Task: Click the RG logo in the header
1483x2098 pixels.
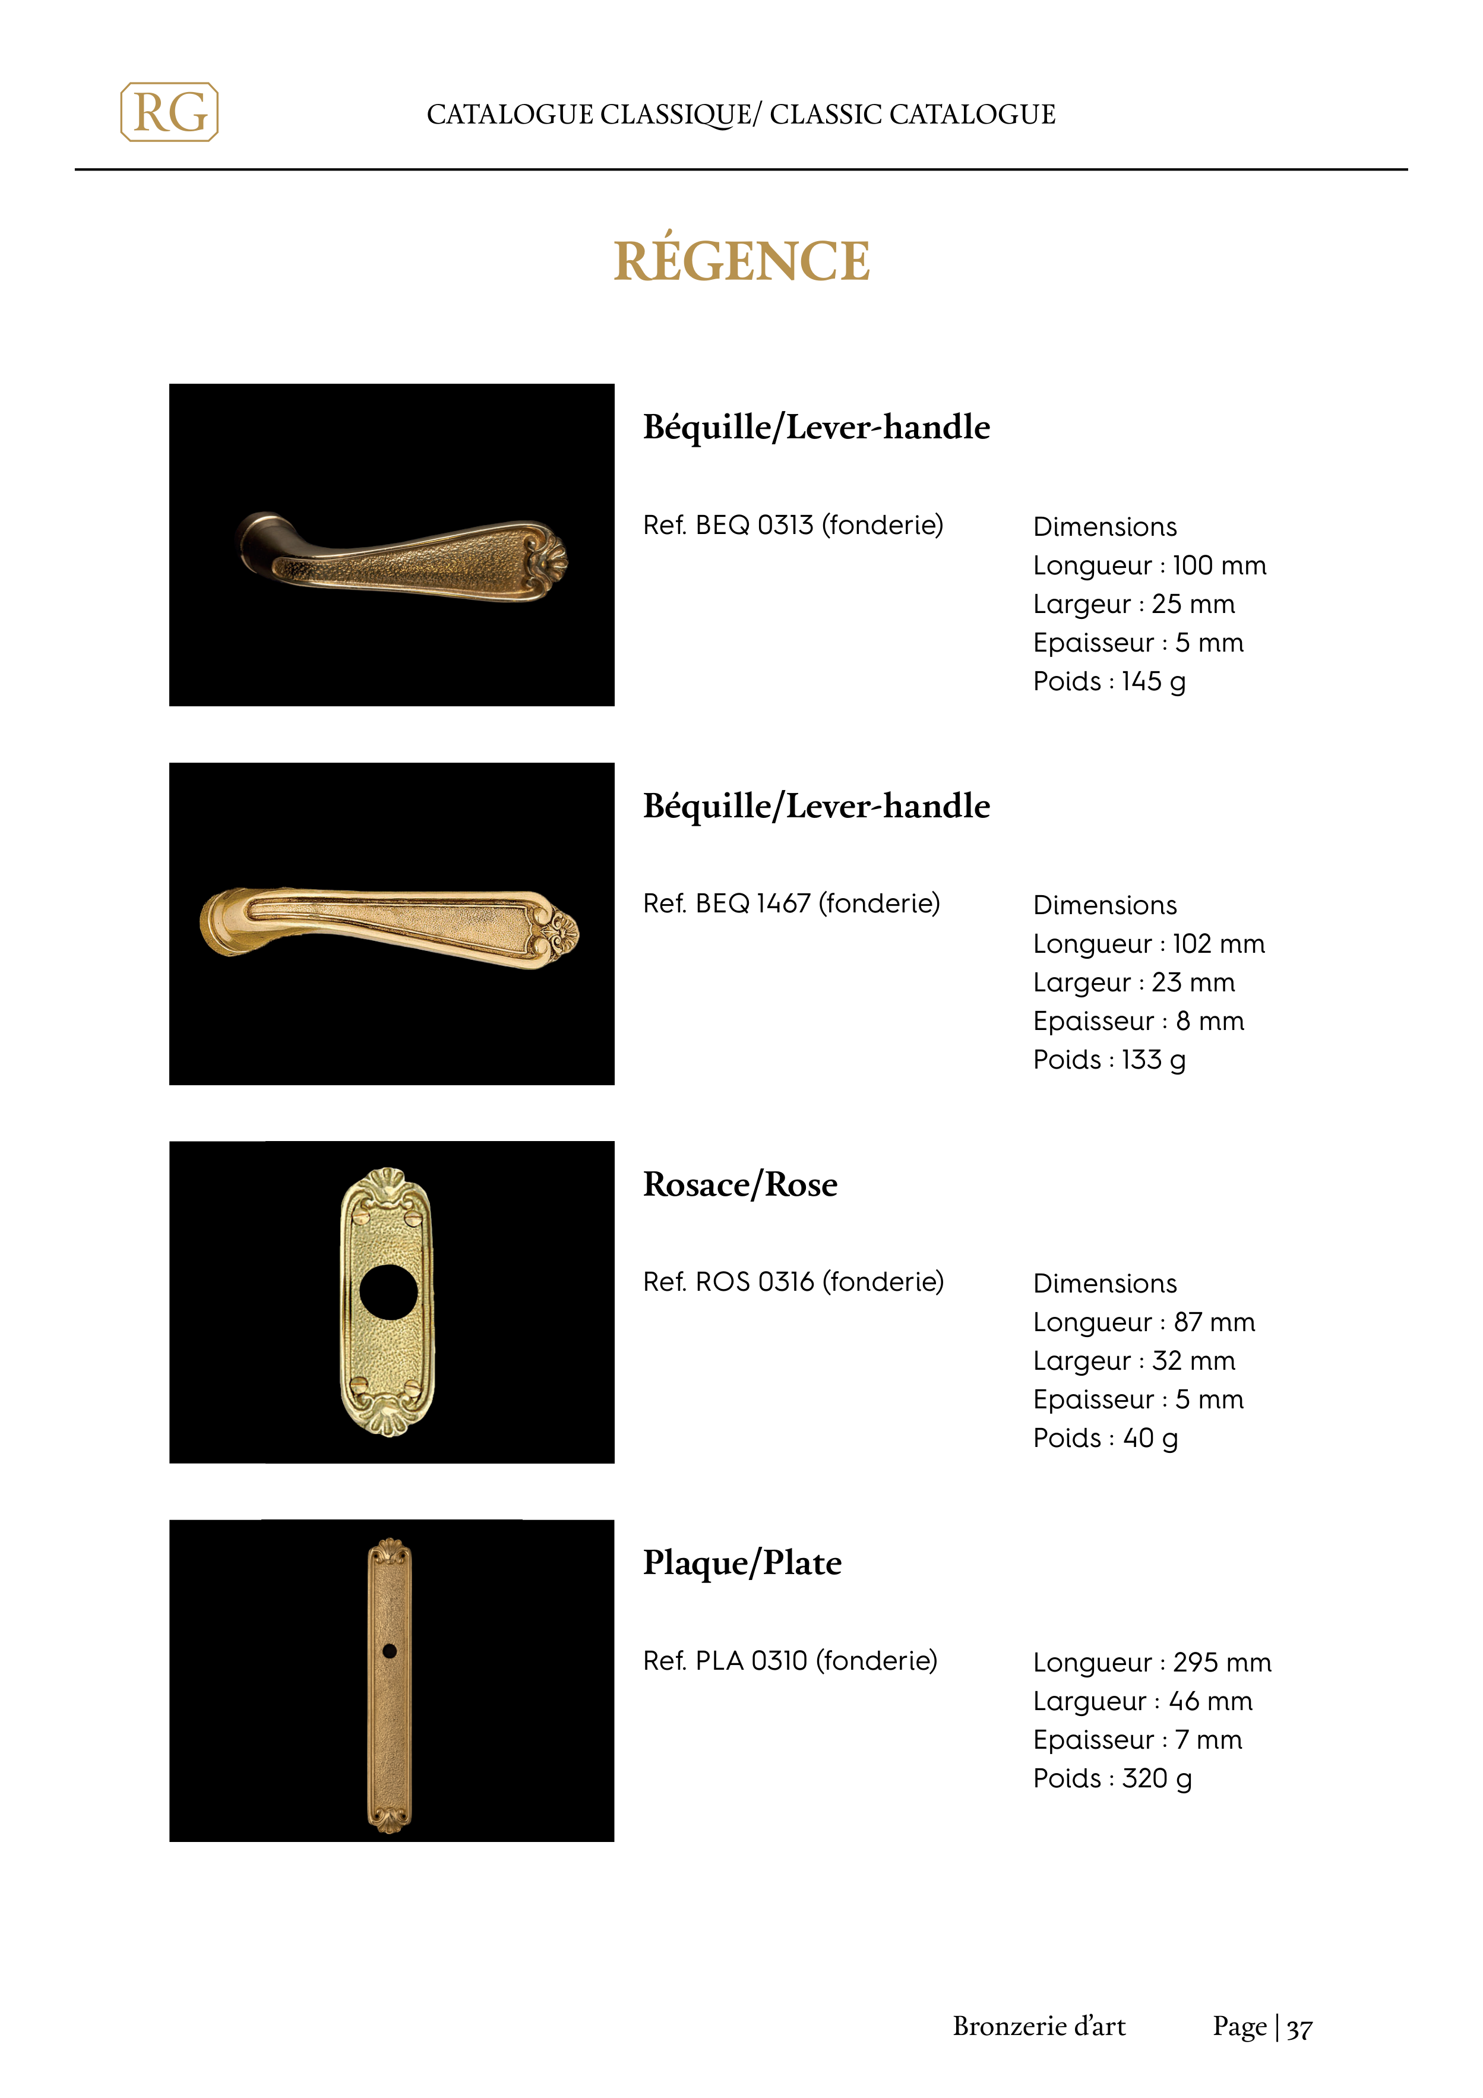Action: (x=169, y=112)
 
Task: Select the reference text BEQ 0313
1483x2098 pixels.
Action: (x=792, y=526)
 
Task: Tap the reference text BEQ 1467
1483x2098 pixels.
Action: (x=790, y=903)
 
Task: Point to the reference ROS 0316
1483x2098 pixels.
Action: (x=792, y=1282)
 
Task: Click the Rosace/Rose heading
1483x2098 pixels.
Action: (x=740, y=1184)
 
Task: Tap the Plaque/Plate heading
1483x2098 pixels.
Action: (x=742, y=1563)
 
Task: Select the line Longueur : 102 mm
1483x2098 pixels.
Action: (x=1149, y=944)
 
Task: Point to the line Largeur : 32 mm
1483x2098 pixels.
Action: (x=1134, y=1361)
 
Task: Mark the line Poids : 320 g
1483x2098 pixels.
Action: (x=1112, y=1778)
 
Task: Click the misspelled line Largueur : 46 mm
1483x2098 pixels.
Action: (x=1142, y=1701)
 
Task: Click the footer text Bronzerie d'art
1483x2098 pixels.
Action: (x=1039, y=2027)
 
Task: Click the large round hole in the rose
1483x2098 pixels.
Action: (x=388, y=1292)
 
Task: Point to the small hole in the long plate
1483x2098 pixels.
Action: (x=389, y=1650)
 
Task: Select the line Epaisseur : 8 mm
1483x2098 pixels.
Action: (x=1139, y=1022)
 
